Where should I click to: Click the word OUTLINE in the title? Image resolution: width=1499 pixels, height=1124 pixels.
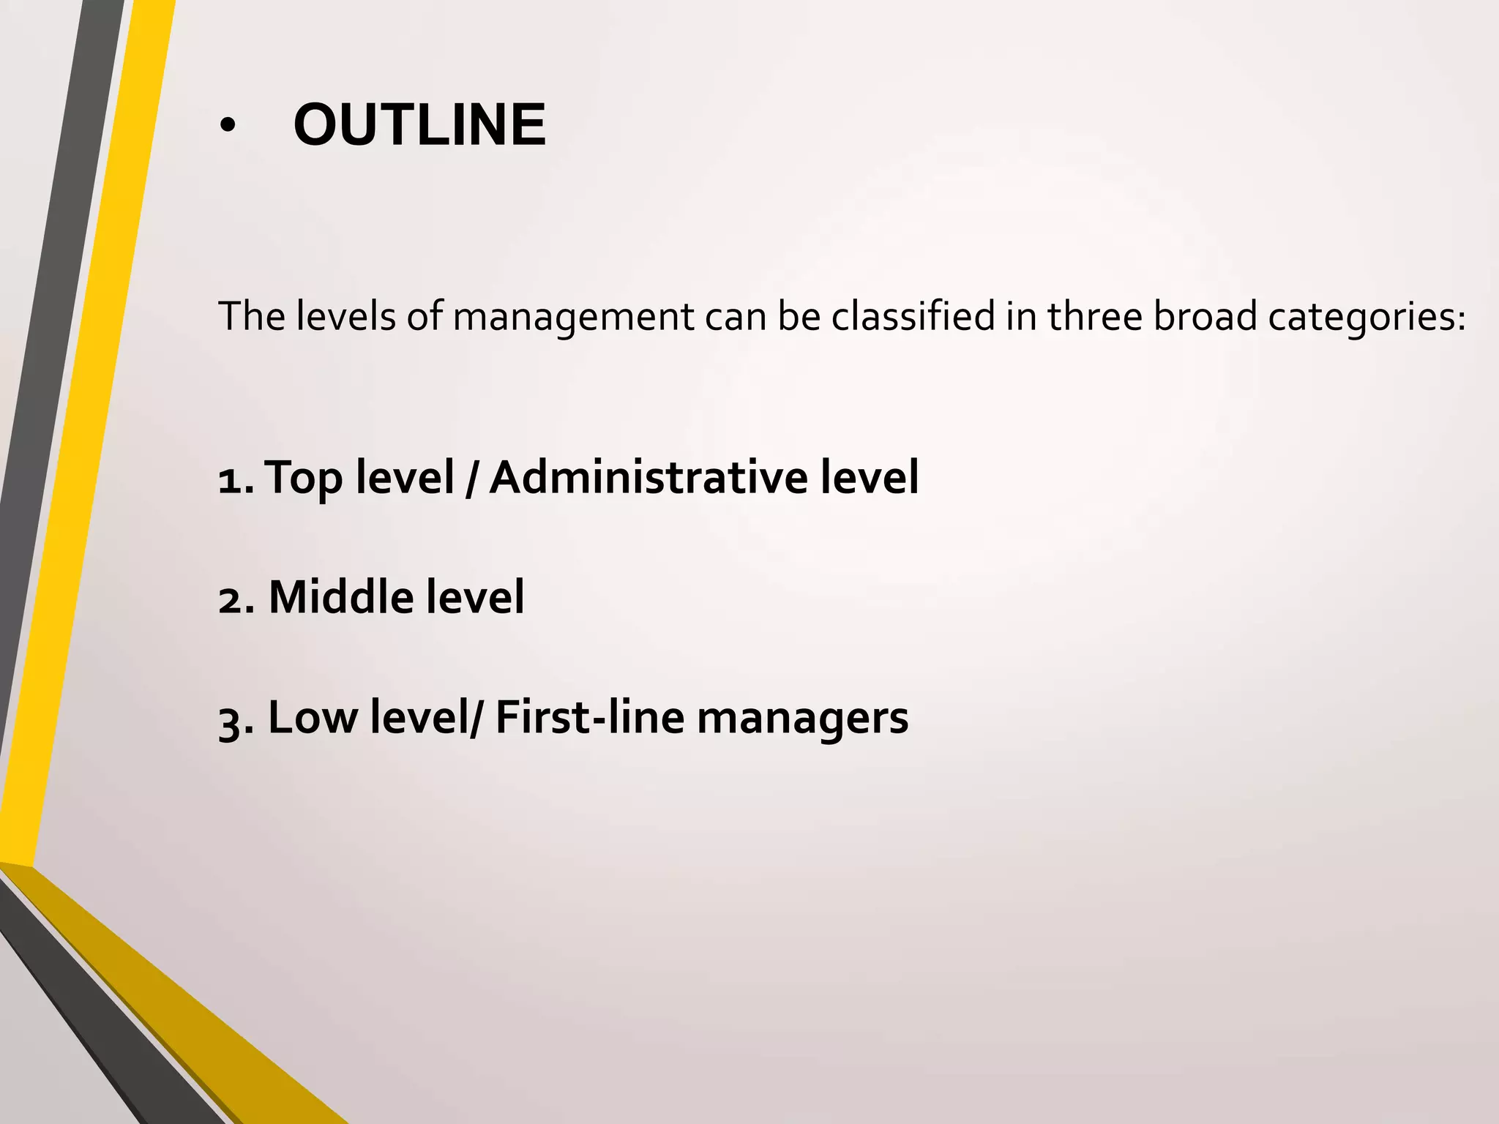coord(419,125)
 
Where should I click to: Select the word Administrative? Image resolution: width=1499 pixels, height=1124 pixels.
coord(648,479)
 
